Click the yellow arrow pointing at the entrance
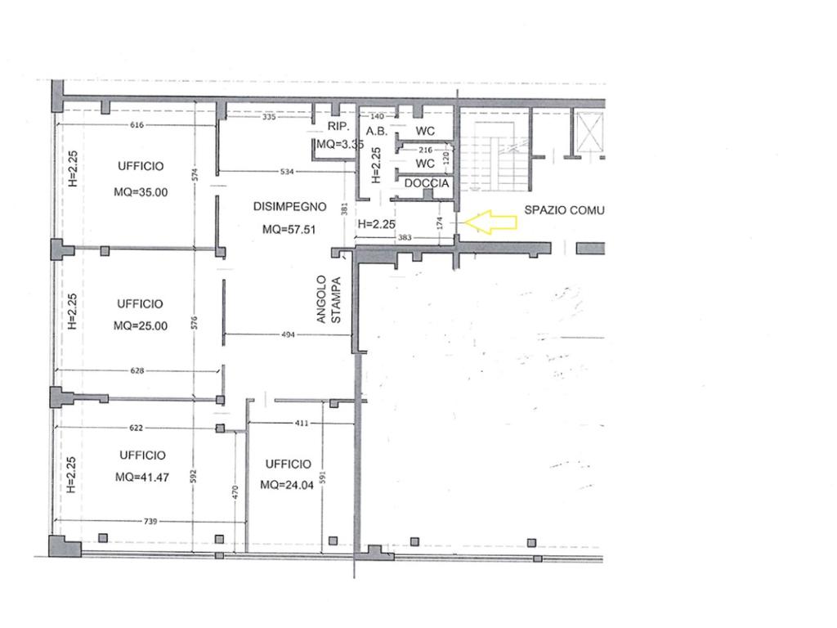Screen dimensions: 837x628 tap(491, 222)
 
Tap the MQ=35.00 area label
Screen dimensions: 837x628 tap(141, 192)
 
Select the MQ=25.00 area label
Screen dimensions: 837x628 tap(141, 325)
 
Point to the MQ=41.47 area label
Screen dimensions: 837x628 tap(142, 478)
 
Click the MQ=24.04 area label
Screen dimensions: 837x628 tap(287, 486)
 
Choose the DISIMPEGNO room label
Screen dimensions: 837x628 tap(290, 207)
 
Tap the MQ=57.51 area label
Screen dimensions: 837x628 tap(289, 230)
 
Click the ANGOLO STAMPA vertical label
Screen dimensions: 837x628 tap(329, 299)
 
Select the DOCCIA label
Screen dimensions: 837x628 tap(427, 183)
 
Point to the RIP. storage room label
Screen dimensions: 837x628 tap(338, 127)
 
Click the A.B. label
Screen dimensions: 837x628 tap(377, 131)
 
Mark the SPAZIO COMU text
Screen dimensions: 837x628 tap(564, 210)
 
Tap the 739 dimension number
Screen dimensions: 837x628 tap(150, 521)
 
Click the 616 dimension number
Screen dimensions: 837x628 tap(137, 125)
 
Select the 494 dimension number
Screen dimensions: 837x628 tap(288, 334)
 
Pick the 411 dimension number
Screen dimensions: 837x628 tap(302, 423)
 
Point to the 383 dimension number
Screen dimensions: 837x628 tap(405, 238)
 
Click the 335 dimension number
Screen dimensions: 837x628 tap(269, 116)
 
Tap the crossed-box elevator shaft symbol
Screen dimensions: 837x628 tap(590, 131)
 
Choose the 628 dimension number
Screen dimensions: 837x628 tap(137, 370)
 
